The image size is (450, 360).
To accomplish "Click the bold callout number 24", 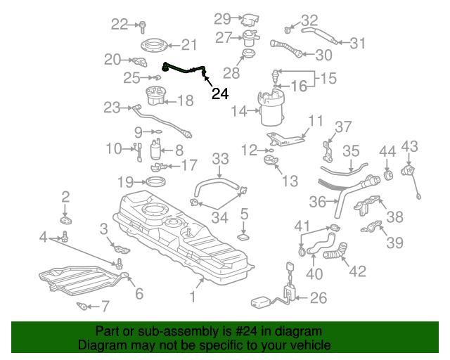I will pos(220,93).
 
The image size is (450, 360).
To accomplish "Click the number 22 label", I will pos(120,25).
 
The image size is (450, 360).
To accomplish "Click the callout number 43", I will pos(409,146).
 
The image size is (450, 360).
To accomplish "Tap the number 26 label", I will pos(318,298).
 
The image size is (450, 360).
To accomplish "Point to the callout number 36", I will pos(318,202).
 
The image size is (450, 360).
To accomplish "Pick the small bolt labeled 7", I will pos(84,307).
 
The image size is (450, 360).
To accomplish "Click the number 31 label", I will pos(358,44).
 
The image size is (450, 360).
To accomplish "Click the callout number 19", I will pos(125,182).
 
